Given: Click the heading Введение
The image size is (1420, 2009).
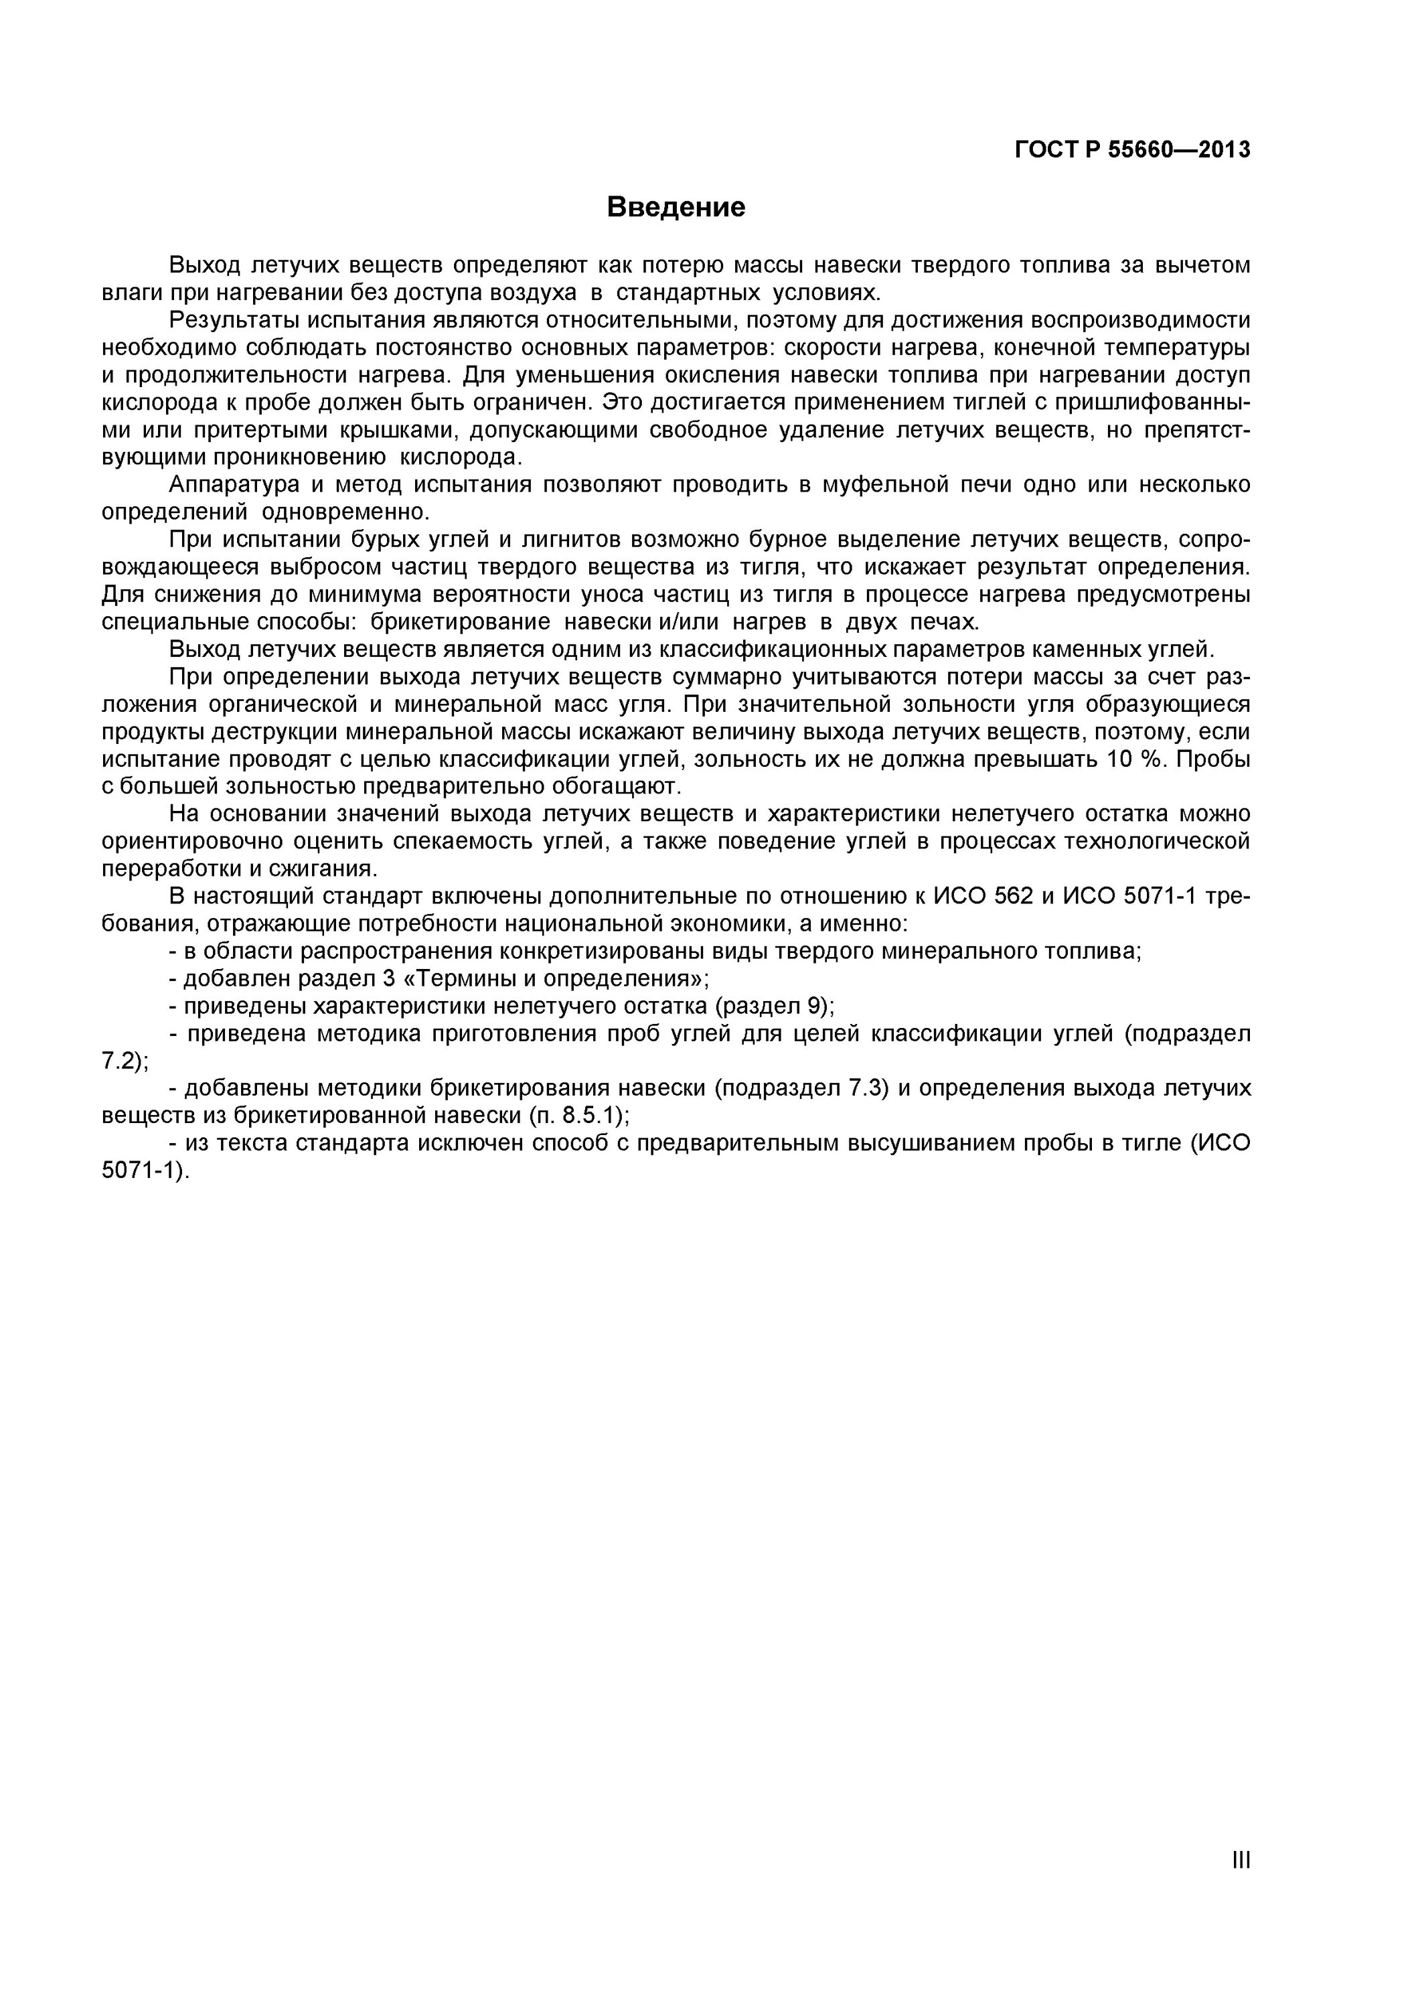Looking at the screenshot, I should [x=676, y=208].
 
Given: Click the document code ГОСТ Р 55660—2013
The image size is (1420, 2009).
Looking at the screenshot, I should [x=1132, y=151].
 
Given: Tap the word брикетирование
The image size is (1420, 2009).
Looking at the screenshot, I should [x=460, y=622].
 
